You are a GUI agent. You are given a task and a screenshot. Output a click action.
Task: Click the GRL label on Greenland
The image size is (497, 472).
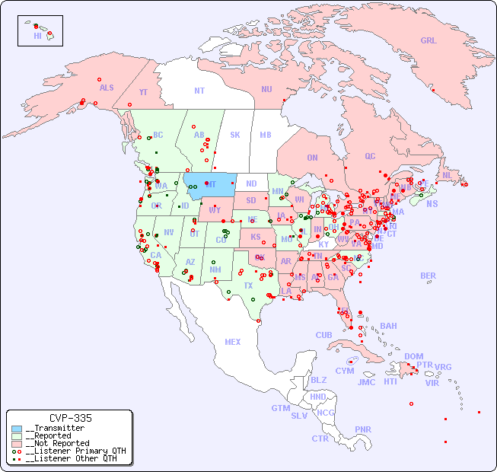point(429,41)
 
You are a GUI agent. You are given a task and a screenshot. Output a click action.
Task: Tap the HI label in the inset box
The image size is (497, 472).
point(37,36)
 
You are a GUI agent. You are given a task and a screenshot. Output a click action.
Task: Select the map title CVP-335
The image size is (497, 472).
point(70,418)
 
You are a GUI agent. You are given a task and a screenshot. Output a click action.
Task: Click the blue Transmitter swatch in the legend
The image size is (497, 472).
point(17,429)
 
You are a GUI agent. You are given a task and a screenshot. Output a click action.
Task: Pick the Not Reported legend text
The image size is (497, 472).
point(56,443)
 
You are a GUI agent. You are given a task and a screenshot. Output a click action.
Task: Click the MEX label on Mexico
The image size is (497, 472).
point(233,342)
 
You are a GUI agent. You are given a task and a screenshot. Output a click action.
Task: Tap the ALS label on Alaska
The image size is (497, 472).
point(107,88)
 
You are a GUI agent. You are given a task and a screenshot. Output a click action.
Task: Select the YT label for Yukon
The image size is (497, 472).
point(143,92)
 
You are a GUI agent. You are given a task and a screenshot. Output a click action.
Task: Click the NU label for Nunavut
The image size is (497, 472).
point(266,89)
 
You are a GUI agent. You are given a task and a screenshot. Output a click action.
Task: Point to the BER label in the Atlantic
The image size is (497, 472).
point(428,276)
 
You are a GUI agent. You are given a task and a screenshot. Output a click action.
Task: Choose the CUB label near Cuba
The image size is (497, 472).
point(323,335)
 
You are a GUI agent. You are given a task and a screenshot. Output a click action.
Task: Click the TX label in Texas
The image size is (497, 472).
point(248,285)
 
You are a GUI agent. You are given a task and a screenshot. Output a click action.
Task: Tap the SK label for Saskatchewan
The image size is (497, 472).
point(235,135)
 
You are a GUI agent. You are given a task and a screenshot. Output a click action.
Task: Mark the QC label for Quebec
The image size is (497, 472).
point(370,156)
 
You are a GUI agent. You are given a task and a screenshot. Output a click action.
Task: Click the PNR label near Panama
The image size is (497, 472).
point(363,429)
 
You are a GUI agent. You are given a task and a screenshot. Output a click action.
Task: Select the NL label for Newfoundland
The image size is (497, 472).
point(447,175)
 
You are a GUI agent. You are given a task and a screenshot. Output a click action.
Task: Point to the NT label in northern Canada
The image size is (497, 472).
point(199,91)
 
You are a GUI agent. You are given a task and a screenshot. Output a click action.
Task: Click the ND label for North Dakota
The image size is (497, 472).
point(251,183)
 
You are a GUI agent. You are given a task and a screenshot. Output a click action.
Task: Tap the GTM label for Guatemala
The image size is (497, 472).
point(280,408)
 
